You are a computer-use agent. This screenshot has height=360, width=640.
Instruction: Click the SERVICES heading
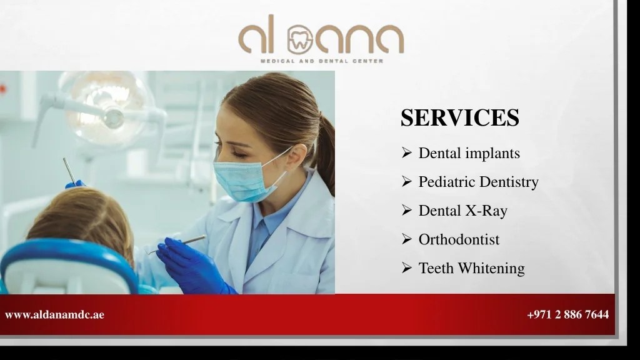[459, 117]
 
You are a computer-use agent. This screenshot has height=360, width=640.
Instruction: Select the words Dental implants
[469, 153]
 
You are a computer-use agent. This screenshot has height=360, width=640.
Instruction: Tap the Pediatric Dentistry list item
[478, 182]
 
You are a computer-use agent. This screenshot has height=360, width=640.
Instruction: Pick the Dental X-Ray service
[462, 211]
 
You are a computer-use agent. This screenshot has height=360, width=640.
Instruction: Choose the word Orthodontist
[459, 239]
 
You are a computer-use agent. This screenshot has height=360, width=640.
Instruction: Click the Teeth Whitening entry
[471, 268]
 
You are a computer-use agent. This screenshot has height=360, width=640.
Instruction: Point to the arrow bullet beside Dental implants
[406, 153]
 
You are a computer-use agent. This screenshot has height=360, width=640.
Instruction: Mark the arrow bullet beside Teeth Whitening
[406, 268]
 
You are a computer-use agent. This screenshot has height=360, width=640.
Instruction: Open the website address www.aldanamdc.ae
[54, 315]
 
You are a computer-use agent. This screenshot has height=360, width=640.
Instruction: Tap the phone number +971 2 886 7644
[567, 315]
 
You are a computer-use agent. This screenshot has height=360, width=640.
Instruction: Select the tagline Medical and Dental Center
[321, 61]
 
